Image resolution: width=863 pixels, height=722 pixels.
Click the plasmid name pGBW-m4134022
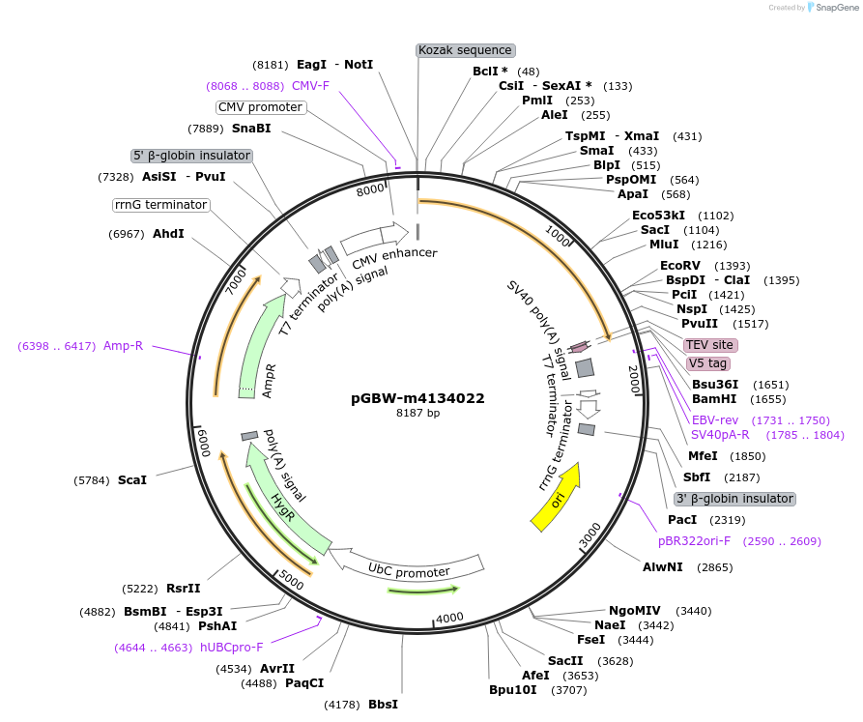pyautogui.click(x=417, y=398)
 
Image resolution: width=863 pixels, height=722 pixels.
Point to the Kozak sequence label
pyautogui.click(x=465, y=50)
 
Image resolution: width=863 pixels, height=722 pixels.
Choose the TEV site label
pyautogui.click(x=710, y=345)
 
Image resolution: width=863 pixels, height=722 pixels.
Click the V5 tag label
pyautogui.click(x=707, y=363)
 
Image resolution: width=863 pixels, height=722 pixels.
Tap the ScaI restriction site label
pyautogui.click(x=132, y=479)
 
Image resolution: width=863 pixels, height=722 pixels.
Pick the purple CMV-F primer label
pyautogui.click(x=310, y=85)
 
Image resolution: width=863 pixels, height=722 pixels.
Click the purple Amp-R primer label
pyautogui.click(x=123, y=345)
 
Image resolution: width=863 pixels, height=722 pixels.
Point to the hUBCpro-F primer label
pyautogui.click(x=231, y=647)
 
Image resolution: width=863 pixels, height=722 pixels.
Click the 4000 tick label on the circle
pyautogui.click(x=449, y=618)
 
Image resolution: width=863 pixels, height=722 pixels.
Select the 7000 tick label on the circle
pyautogui.click(x=236, y=281)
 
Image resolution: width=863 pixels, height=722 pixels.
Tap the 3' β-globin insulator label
pyautogui.click(x=734, y=499)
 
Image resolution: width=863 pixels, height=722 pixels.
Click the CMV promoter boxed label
pyautogui.click(x=260, y=107)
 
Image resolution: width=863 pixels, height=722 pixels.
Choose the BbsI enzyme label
pyautogui.click(x=383, y=705)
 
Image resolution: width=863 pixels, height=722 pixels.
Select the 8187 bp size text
pyautogui.click(x=417, y=413)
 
